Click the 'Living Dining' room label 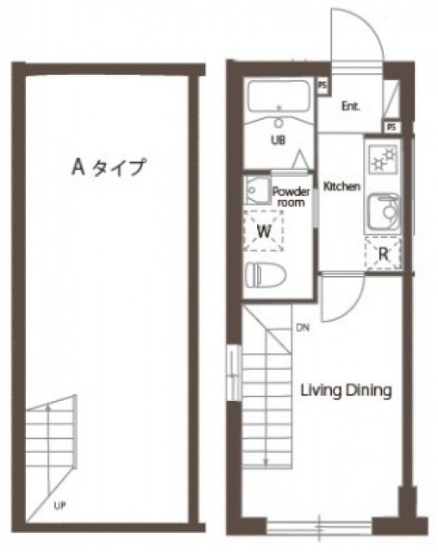(346, 391)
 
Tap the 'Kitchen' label (341, 186)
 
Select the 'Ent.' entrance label (351, 106)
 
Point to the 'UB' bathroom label (278, 140)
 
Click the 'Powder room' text (291, 198)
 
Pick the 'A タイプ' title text (109, 166)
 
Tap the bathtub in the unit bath (278, 96)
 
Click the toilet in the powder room (266, 274)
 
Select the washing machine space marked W (264, 231)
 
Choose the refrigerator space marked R (383, 254)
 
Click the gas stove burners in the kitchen (384, 159)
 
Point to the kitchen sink (384, 212)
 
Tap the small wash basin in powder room (258, 191)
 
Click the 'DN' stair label (303, 328)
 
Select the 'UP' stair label (59, 506)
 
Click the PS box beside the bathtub (322, 85)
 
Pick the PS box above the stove (391, 127)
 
